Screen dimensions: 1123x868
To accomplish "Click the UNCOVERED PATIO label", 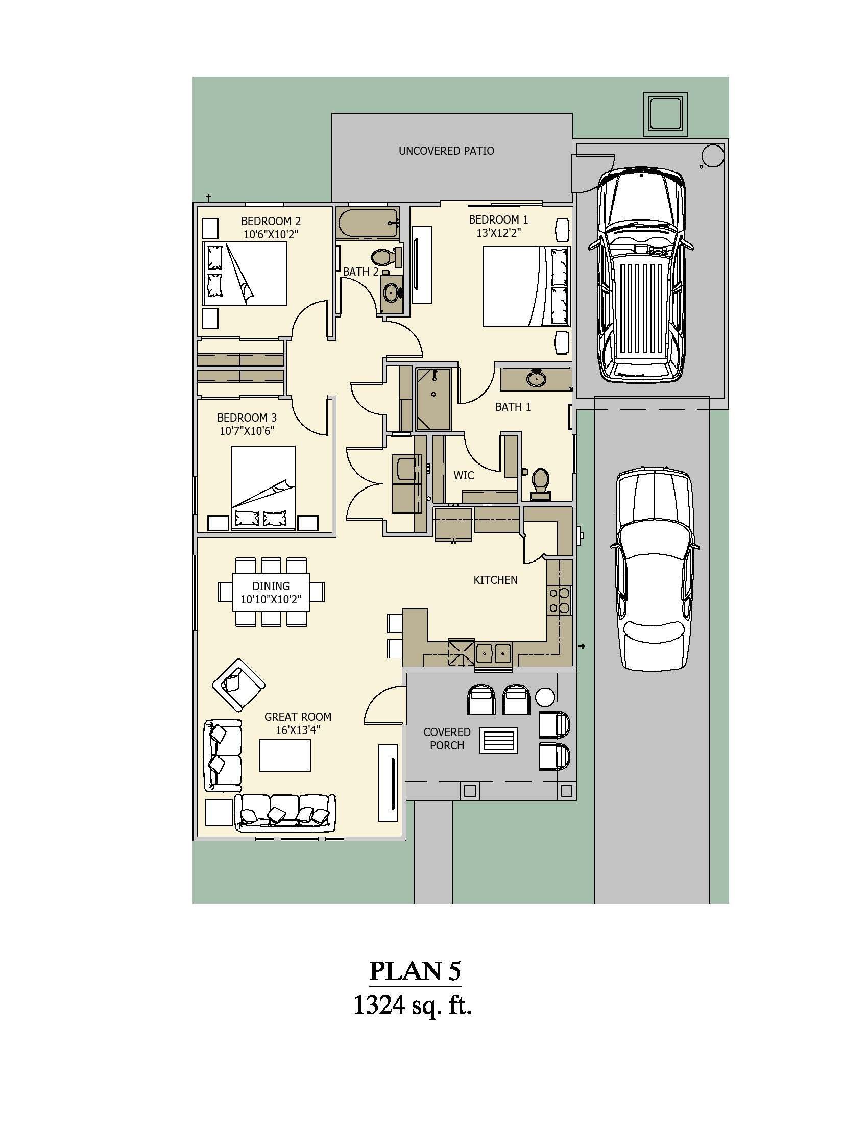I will tap(446, 151).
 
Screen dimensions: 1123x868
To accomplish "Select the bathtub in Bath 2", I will tap(368, 223).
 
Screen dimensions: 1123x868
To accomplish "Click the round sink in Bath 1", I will tap(536, 379).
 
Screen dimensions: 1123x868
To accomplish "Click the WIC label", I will tap(463, 475).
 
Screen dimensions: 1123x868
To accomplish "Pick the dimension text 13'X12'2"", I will tap(498, 233).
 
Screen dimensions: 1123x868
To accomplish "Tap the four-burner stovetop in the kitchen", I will tap(560, 600).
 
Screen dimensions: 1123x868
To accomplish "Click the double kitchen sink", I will tap(493, 654).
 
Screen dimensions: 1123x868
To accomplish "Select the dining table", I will tap(271, 592).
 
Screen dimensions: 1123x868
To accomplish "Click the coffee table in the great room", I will tap(284, 755).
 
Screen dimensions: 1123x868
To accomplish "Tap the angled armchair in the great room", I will tap(238, 685).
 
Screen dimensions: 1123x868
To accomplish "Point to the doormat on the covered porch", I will tap(498, 741).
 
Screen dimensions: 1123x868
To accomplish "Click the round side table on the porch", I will tap(545, 697).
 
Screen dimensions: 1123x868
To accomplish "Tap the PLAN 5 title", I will tap(415, 971).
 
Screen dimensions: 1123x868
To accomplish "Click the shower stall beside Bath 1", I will tap(433, 399).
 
